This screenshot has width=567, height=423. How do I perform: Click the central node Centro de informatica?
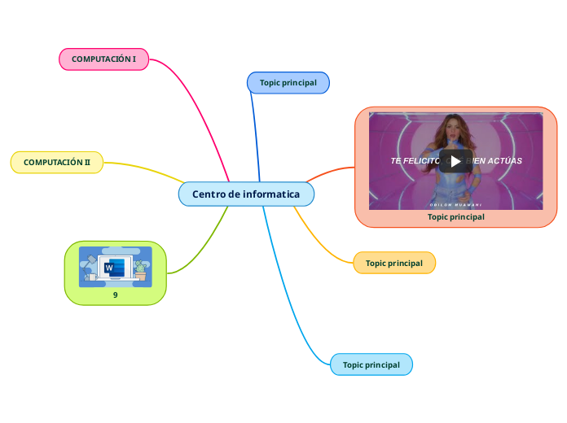246,194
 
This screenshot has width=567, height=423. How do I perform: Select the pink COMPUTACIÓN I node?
103,59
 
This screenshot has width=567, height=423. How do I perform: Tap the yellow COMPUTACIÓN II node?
57,163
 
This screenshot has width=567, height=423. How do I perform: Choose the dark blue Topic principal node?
288,83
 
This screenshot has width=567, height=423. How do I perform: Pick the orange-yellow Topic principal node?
393,263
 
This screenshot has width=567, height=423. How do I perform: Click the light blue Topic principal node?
371,364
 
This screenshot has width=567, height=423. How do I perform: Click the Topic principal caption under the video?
455,217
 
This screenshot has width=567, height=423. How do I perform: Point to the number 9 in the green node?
115,295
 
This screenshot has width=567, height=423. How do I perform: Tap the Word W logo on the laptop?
110,267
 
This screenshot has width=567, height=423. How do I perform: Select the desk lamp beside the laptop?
88,262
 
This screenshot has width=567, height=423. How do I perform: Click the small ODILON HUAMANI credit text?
455,204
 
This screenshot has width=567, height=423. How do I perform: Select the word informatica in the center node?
271,194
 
